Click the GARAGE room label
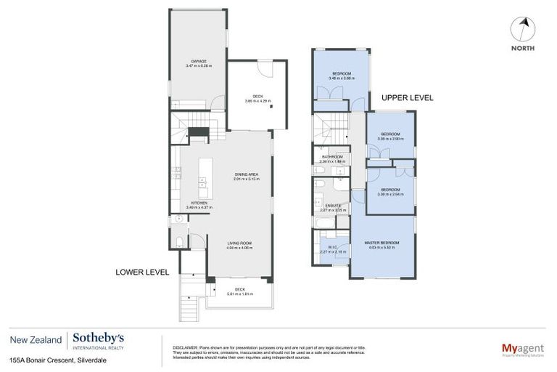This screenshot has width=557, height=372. click(x=199, y=61)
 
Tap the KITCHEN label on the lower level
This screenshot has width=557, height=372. click(x=199, y=203)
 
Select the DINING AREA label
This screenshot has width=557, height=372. click(x=247, y=174)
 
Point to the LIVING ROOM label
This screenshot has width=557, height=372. click(x=239, y=243)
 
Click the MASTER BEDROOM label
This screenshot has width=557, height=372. click(x=381, y=244)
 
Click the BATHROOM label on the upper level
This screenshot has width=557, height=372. click(x=333, y=157)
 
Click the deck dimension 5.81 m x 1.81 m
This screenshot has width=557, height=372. click(x=239, y=294)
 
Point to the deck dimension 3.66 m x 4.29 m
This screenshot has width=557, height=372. click(x=257, y=101)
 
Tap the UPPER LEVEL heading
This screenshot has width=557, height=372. click(x=407, y=97)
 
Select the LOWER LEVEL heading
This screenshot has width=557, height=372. click(x=142, y=272)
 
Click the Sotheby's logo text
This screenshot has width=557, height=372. click(x=98, y=338)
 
